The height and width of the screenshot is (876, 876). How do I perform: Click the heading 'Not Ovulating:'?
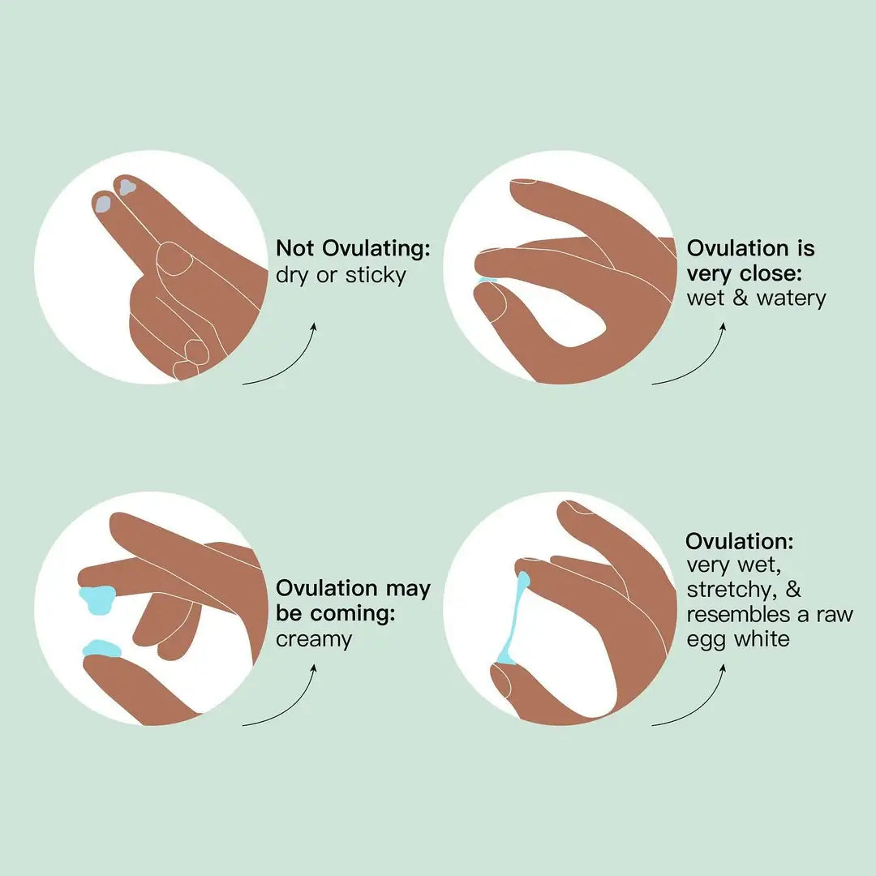[x=353, y=249]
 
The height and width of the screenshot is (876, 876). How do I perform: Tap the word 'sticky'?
[x=376, y=276]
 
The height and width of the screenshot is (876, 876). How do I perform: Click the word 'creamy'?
[x=314, y=640]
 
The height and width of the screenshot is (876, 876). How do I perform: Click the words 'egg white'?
[x=738, y=639]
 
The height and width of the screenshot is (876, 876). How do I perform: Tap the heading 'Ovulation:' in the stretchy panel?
[x=739, y=541]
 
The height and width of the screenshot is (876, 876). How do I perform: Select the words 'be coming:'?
[x=336, y=613]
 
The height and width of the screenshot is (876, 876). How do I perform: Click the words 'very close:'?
[x=744, y=274]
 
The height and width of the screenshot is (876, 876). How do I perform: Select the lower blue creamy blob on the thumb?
[x=102, y=649]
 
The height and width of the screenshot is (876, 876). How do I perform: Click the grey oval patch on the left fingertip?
[x=103, y=203]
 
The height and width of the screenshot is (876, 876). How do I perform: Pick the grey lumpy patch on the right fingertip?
[x=127, y=187]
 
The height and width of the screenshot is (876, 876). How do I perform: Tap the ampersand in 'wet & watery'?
[x=741, y=298]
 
